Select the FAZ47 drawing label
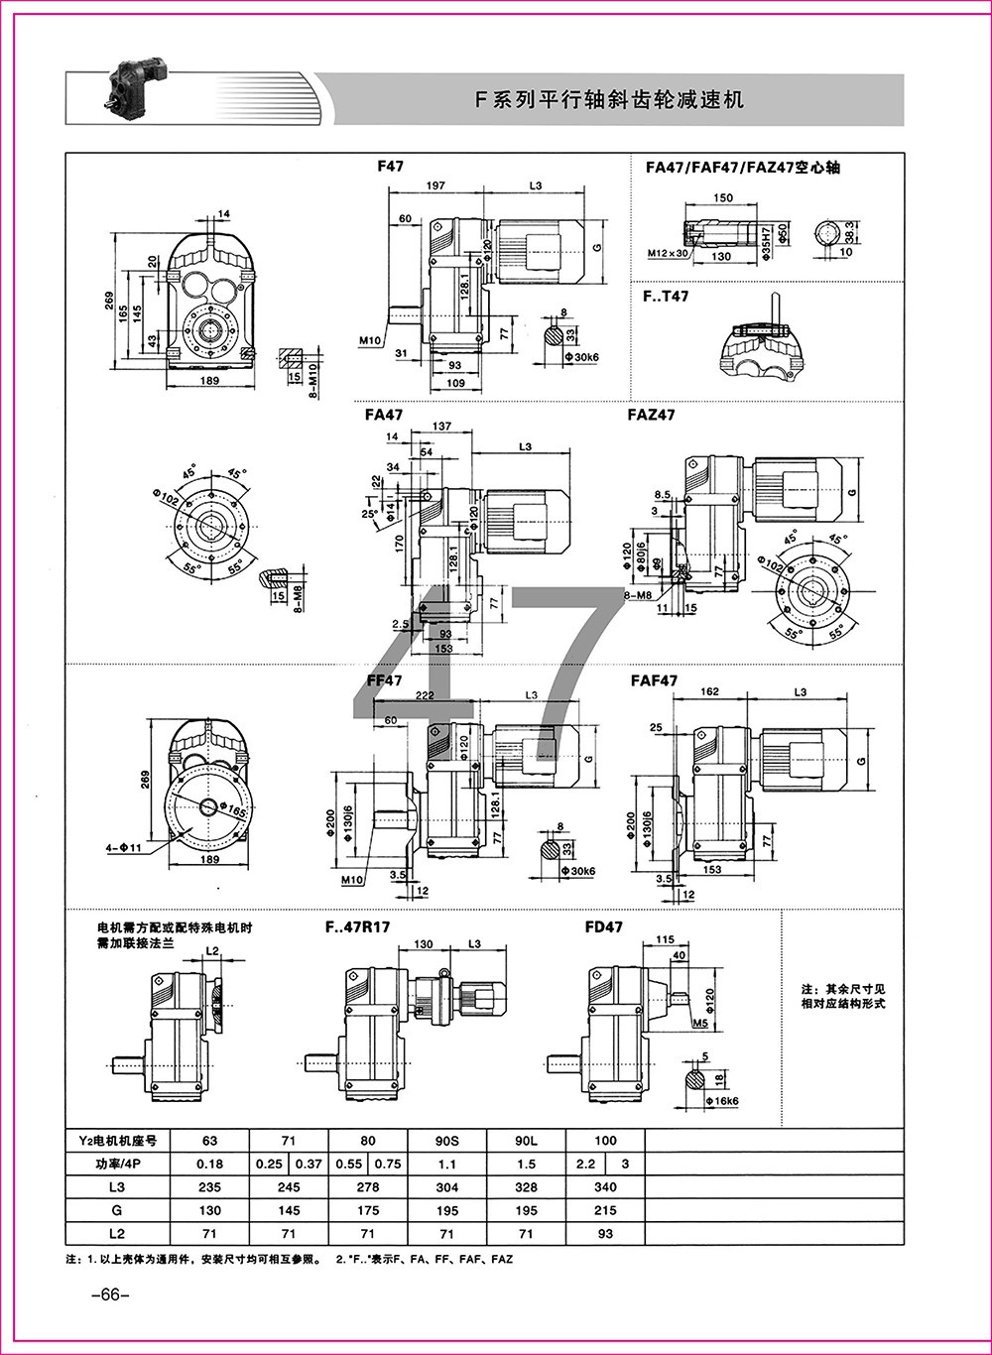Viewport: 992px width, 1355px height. click(x=651, y=415)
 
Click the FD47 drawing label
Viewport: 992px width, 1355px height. click(x=604, y=927)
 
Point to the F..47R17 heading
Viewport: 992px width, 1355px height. click(x=357, y=927)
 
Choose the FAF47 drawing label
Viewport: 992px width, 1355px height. click(x=654, y=680)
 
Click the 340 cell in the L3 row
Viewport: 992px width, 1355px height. click(x=605, y=1186)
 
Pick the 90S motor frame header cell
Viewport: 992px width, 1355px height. click(x=446, y=1140)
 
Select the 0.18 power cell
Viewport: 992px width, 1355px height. click(x=209, y=1164)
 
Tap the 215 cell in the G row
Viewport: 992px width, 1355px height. click(x=605, y=1210)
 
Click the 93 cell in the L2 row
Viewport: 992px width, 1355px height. click(x=605, y=1234)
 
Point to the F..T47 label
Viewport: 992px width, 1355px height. click(x=666, y=296)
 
